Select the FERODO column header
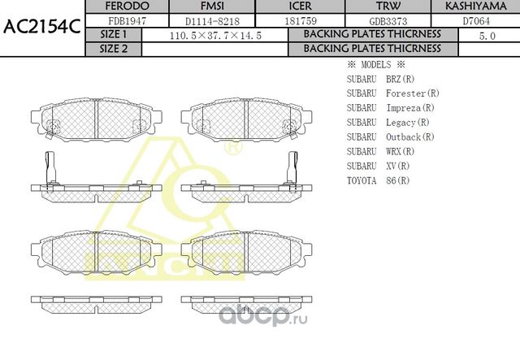tap(127, 7)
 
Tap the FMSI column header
tap(211, 7)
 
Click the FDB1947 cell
tap(127, 20)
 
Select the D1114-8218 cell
tap(211, 20)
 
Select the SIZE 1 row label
tap(114, 35)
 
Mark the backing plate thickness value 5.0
tap(487, 36)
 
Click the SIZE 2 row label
tap(114, 49)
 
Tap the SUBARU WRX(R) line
tap(380, 151)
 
